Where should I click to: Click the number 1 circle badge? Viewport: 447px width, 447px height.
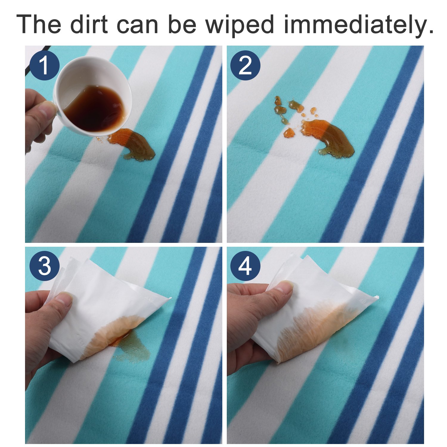pyautogui.click(x=44, y=65)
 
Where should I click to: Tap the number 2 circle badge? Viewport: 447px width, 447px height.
pyautogui.click(x=245, y=65)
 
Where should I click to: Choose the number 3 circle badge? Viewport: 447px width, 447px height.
pyautogui.click(x=44, y=266)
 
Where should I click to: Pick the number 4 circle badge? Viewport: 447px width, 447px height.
pyautogui.click(x=245, y=266)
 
